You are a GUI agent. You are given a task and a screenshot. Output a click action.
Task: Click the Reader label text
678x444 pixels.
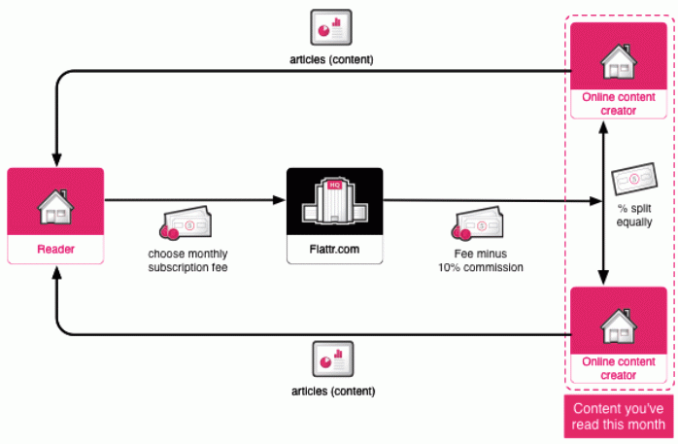click(x=55, y=250)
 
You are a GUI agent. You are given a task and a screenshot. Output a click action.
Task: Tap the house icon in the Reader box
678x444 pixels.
click(x=55, y=204)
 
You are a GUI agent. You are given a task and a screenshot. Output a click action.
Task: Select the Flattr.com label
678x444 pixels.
click(x=334, y=250)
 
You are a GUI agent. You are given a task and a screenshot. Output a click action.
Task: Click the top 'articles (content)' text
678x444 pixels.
click(x=332, y=59)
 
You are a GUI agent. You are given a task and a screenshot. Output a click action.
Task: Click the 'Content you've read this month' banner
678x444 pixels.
click(x=618, y=416)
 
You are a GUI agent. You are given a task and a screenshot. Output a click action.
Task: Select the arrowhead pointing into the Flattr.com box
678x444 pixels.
click(x=280, y=202)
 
